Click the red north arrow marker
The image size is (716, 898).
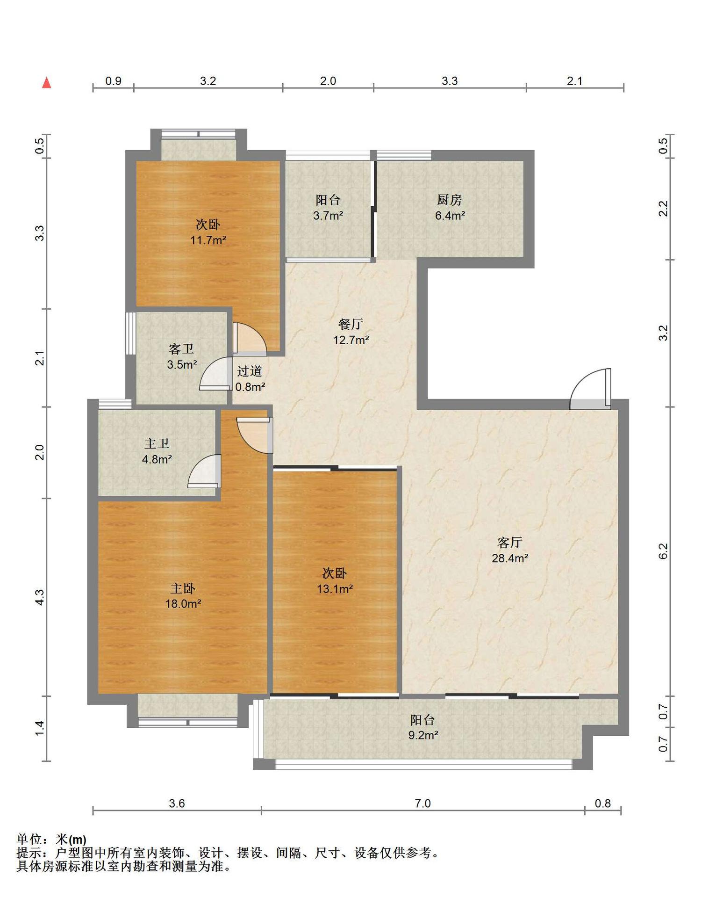click(x=47, y=83)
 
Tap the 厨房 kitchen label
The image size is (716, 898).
click(x=450, y=200)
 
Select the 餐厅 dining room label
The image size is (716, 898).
click(x=351, y=324)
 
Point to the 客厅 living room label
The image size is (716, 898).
click(x=509, y=543)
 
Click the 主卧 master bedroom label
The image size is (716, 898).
click(x=183, y=588)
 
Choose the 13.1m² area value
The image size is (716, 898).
click(x=335, y=589)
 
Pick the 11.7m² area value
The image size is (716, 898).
click(x=208, y=240)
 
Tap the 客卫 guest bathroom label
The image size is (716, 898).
click(x=181, y=349)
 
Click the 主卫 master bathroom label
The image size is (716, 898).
click(x=157, y=443)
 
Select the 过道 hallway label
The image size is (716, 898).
click(x=250, y=371)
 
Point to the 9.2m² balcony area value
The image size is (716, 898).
click(x=423, y=735)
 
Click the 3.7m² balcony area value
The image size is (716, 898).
click(x=328, y=216)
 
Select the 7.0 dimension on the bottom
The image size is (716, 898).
click(x=422, y=804)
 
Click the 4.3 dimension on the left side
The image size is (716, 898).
click(x=40, y=597)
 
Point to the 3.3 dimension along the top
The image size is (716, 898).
click(x=450, y=81)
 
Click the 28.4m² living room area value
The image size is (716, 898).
click(x=510, y=558)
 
